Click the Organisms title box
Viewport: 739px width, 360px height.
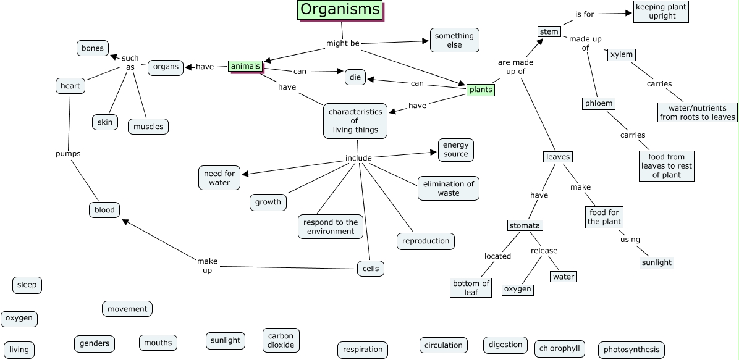click(340, 10)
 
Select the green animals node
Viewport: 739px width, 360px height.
click(245, 66)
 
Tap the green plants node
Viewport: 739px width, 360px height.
click(481, 90)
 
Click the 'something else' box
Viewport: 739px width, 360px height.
click(454, 40)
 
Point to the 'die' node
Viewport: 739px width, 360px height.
click(355, 77)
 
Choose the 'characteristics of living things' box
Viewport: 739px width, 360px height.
click(355, 121)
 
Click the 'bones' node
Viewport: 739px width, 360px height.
click(93, 48)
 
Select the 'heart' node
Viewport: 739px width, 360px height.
click(70, 86)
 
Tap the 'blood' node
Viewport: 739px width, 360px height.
click(104, 210)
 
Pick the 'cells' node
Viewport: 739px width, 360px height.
click(371, 269)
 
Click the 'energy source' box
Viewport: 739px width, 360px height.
click(456, 149)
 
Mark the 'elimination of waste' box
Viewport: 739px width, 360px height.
click(449, 188)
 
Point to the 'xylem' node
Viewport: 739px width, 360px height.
click(621, 54)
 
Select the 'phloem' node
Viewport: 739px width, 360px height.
click(598, 103)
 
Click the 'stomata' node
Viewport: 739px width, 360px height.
click(525, 225)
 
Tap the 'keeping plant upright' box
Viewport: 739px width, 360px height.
click(661, 11)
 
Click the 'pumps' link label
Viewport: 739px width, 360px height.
click(68, 153)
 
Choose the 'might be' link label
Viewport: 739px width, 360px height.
click(342, 44)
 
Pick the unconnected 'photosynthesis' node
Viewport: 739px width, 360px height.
click(631, 350)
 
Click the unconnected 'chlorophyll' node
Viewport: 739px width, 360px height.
click(559, 348)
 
